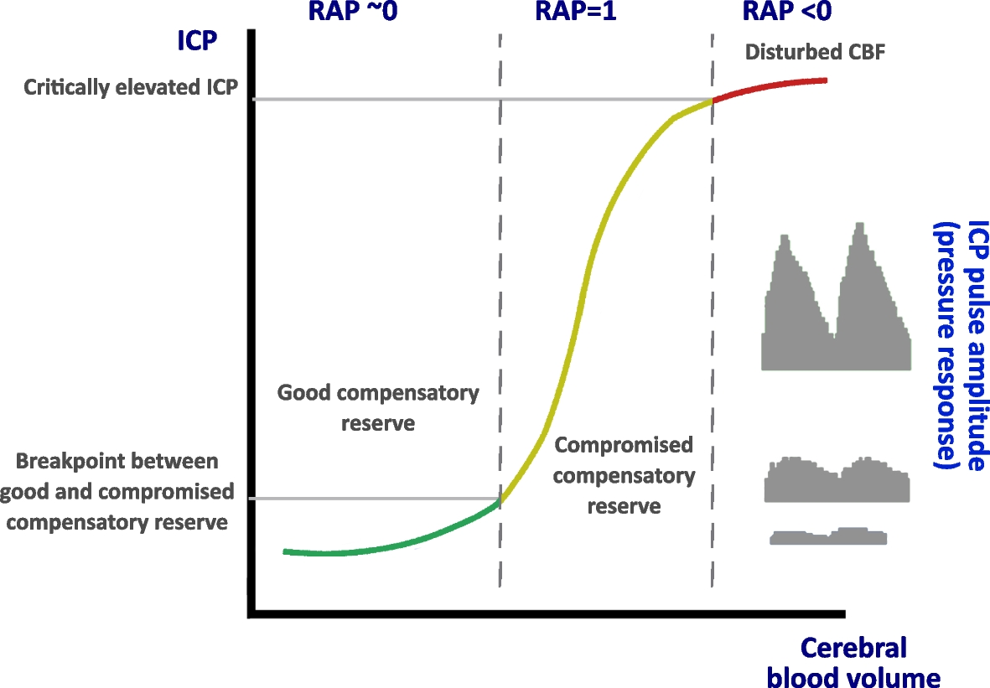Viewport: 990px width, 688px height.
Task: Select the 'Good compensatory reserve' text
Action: (x=378, y=407)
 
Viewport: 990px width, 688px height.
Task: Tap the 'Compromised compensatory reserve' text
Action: (x=624, y=475)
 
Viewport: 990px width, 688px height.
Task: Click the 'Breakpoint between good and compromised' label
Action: (x=117, y=491)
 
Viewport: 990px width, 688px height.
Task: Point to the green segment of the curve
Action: (x=386, y=545)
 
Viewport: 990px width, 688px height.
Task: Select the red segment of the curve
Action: (x=771, y=85)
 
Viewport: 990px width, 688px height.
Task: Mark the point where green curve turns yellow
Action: (x=500, y=500)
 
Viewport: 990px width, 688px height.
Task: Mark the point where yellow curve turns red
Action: (x=713, y=100)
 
